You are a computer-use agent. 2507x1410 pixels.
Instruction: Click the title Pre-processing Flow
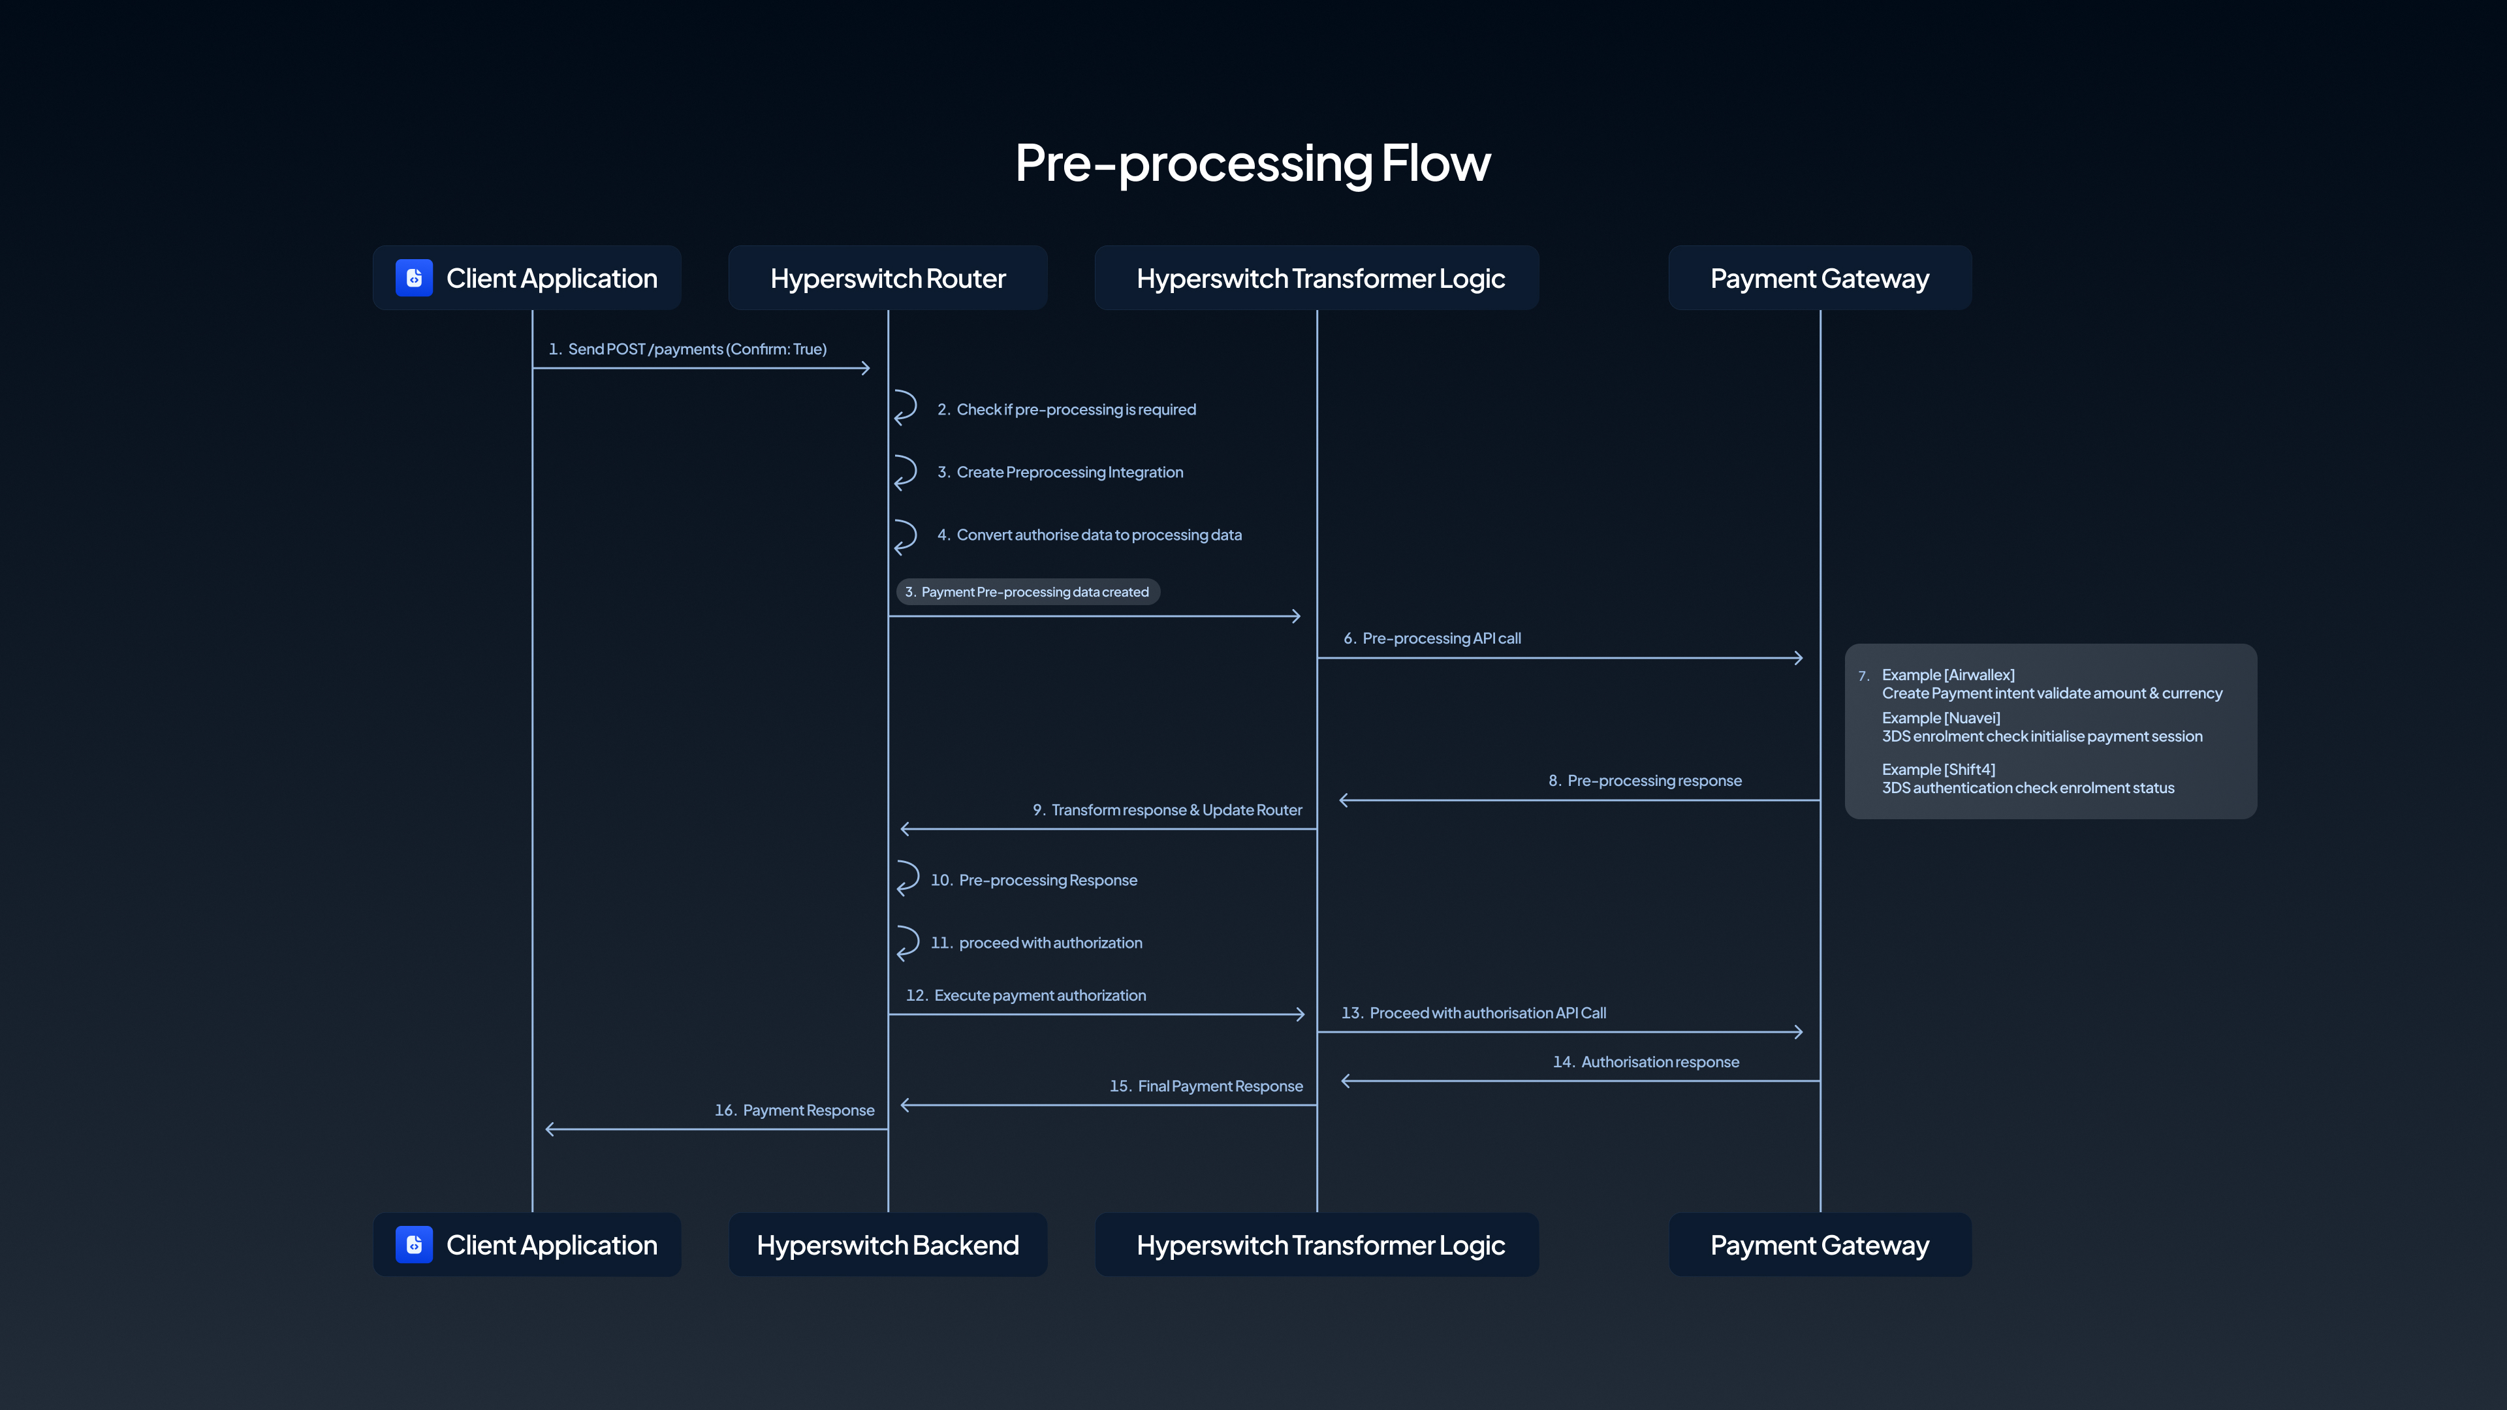tap(1253, 163)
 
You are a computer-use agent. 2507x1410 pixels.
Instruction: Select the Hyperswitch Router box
tap(888, 278)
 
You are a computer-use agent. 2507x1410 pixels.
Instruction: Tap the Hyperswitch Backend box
tap(888, 1245)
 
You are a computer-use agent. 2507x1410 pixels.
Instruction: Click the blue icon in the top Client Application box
tap(414, 278)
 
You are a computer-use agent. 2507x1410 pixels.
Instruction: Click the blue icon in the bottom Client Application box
tap(414, 1245)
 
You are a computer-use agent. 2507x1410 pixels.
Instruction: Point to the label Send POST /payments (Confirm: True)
tap(697, 349)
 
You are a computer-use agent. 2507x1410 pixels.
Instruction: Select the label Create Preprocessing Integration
tap(1069, 472)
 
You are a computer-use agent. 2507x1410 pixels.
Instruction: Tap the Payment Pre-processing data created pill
tap(1028, 591)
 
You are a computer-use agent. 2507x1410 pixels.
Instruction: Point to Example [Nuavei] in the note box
tap(1940, 718)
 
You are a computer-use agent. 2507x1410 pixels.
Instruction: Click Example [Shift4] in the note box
tap(1938, 770)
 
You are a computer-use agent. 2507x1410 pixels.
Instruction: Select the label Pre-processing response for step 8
tap(1654, 781)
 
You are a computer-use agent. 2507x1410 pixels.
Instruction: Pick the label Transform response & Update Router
tap(1176, 809)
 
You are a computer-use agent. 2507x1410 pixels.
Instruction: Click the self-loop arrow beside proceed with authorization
tap(907, 942)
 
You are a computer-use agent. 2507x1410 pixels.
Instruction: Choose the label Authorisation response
tap(1660, 1061)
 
